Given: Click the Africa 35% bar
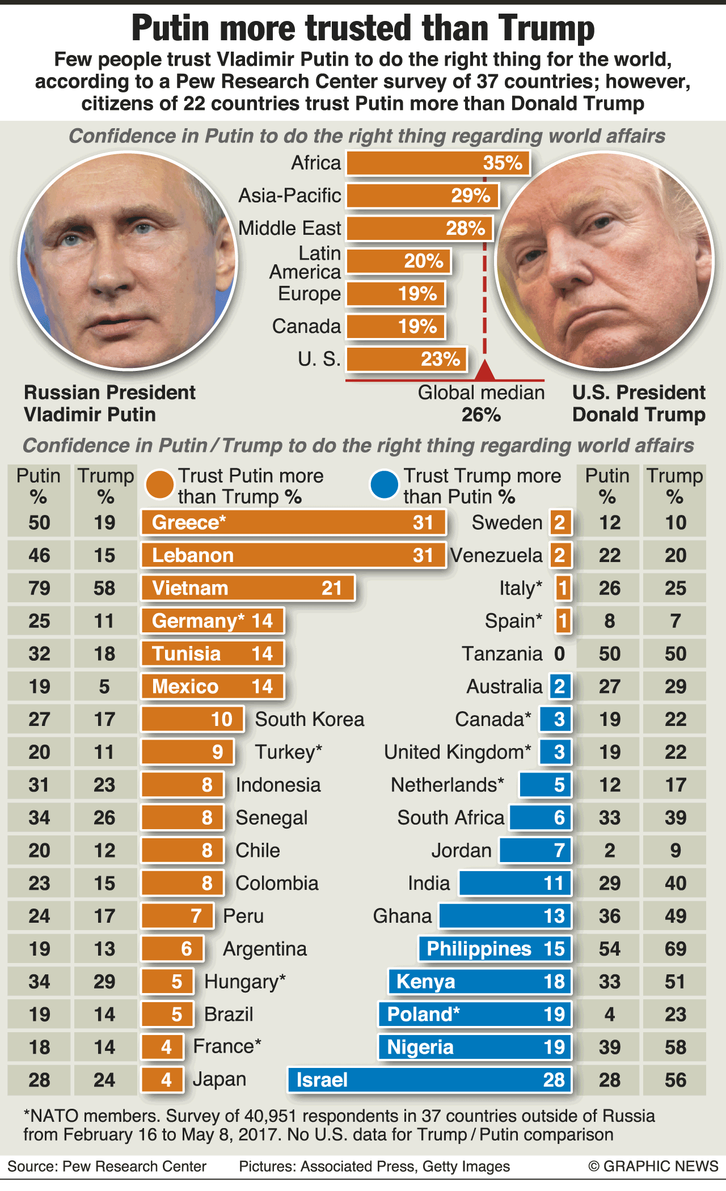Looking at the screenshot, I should tap(437, 163).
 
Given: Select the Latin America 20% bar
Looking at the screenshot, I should tap(398, 261).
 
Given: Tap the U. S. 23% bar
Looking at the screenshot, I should tap(406, 360).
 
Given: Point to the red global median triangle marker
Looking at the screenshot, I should tap(484, 370).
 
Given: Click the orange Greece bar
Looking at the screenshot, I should tap(293, 522).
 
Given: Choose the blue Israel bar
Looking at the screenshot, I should tap(429, 1080).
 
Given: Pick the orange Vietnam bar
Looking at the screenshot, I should tap(248, 588).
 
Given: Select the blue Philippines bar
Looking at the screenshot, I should tap(495, 949).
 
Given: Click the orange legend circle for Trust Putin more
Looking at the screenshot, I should tap(160, 485).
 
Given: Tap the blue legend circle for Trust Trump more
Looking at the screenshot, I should tap(384, 485).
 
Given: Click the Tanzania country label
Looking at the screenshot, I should tap(502, 654).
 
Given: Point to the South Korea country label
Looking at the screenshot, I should tap(309, 719).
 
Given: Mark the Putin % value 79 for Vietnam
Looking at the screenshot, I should tap(39, 588).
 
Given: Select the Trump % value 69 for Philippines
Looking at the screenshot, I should tap(675, 949).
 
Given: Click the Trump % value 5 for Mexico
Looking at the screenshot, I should tap(104, 687).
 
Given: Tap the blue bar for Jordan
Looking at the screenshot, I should tap(535, 851).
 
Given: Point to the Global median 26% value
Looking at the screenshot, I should tap(481, 415).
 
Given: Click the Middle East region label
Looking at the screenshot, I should tap(289, 228).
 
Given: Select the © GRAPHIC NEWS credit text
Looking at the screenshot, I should tap(653, 1166).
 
